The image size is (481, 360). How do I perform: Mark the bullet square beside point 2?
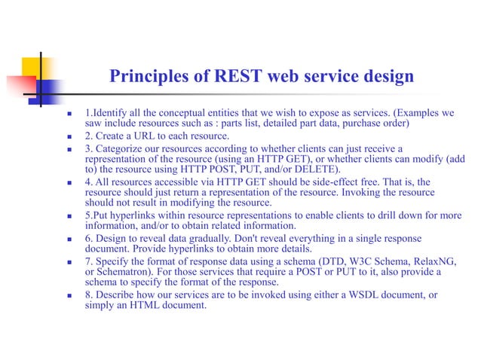tap(69, 136)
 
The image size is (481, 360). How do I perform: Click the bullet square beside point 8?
tap(69, 295)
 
